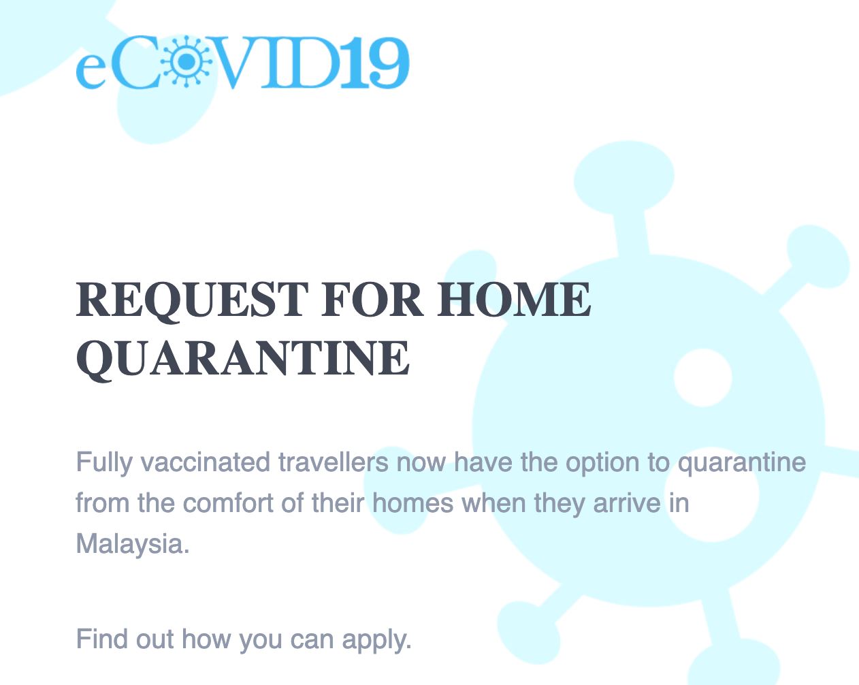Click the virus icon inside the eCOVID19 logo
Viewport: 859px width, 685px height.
click(x=186, y=61)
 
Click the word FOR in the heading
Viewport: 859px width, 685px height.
click(x=372, y=300)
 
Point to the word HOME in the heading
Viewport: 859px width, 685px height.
click(x=514, y=300)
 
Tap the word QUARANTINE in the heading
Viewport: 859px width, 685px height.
click(x=243, y=359)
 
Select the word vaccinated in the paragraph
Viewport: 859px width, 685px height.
click(x=206, y=462)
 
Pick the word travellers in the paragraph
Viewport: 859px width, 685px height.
click(x=334, y=462)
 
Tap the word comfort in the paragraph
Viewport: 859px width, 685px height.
click(x=228, y=503)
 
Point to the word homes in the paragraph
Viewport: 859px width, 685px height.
click(x=412, y=503)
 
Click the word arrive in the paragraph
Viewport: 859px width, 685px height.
click(x=627, y=503)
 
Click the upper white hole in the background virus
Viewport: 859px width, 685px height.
click(x=702, y=377)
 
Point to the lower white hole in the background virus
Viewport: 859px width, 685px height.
click(x=711, y=495)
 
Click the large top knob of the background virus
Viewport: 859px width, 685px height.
click(x=624, y=177)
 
